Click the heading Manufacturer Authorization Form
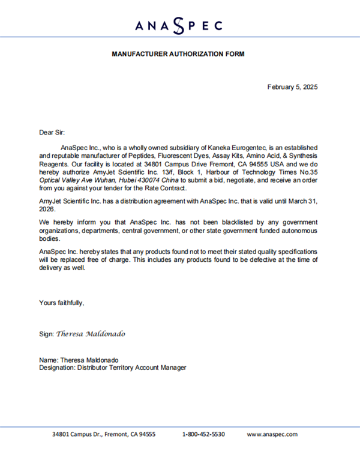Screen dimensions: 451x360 [x=178, y=54]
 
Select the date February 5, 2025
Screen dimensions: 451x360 [x=292, y=87]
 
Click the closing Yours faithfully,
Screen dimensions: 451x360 [x=62, y=303]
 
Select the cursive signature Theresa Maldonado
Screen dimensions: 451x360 [x=91, y=333]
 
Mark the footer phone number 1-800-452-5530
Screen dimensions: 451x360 [x=203, y=434]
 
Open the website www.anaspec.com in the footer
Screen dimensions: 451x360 [x=272, y=434]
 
